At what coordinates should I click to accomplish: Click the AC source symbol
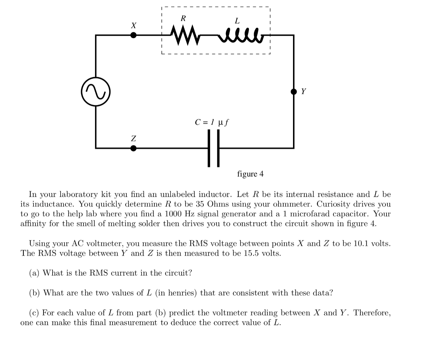click(96, 91)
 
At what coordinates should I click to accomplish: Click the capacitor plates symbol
click(213, 148)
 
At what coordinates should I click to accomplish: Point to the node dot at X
click(133, 35)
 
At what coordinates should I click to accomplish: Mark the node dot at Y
click(294, 92)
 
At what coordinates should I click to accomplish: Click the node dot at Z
click(133, 148)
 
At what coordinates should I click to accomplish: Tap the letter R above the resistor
click(183, 18)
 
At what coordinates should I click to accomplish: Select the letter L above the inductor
click(237, 21)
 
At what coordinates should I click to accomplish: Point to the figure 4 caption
click(250, 174)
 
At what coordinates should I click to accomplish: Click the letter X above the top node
click(133, 25)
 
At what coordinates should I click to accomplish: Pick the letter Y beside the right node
click(303, 91)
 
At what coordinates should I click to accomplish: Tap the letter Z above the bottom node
click(133, 138)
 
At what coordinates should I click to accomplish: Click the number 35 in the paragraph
click(201, 204)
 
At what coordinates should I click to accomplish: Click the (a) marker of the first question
click(34, 273)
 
